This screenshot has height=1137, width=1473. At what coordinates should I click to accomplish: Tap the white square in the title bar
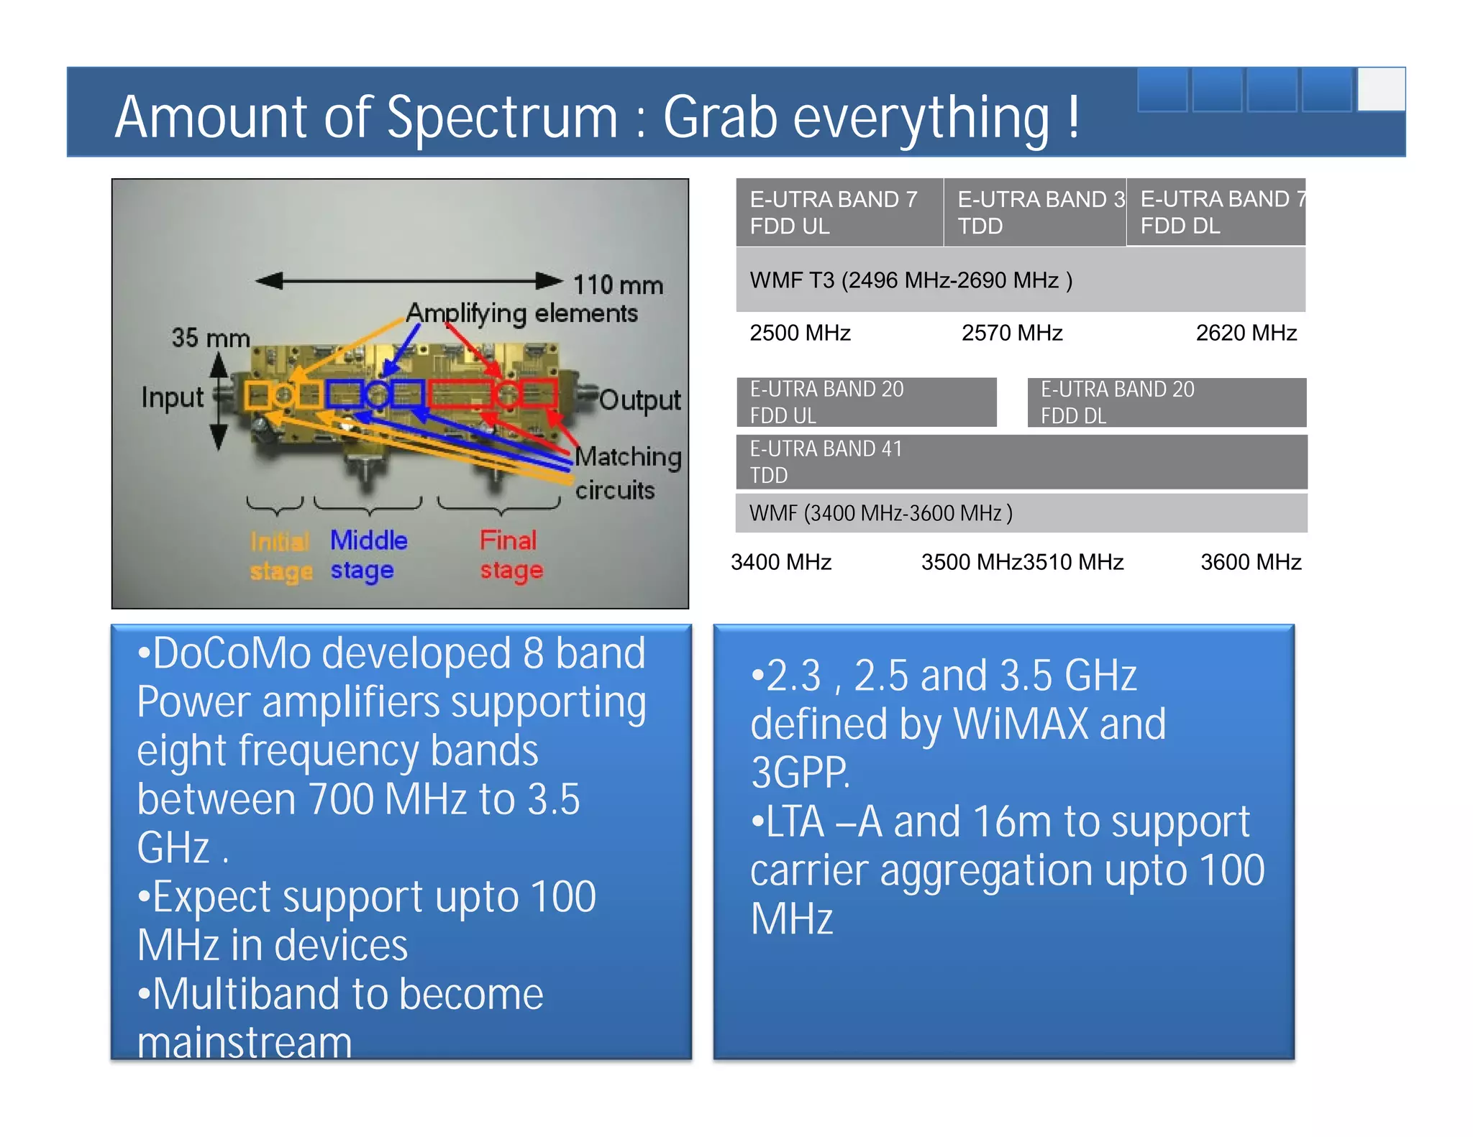(x=1381, y=89)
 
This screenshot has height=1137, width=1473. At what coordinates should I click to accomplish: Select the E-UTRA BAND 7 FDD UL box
(x=839, y=212)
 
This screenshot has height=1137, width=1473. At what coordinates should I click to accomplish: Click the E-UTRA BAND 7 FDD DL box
(x=1216, y=212)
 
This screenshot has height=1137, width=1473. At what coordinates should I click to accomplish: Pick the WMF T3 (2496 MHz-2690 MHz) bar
(x=1020, y=280)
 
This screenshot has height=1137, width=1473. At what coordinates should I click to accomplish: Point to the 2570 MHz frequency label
(x=1011, y=333)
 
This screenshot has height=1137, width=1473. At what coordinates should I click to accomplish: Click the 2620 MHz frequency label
(x=1246, y=333)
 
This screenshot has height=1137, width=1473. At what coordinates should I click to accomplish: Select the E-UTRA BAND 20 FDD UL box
(x=866, y=402)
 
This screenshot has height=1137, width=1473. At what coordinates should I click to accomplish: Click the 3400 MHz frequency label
(x=780, y=562)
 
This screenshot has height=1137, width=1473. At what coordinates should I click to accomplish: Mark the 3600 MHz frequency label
(x=1250, y=562)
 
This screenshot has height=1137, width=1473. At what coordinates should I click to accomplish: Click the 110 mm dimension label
(x=618, y=285)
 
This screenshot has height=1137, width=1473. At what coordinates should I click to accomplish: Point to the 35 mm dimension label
(x=210, y=337)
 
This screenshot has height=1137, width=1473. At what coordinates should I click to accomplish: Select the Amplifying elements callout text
(x=521, y=313)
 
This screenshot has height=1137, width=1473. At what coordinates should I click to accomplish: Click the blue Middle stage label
(x=368, y=555)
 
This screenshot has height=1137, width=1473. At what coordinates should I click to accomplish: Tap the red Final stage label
(x=510, y=555)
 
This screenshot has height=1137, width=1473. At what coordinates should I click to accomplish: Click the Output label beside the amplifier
(x=639, y=400)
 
